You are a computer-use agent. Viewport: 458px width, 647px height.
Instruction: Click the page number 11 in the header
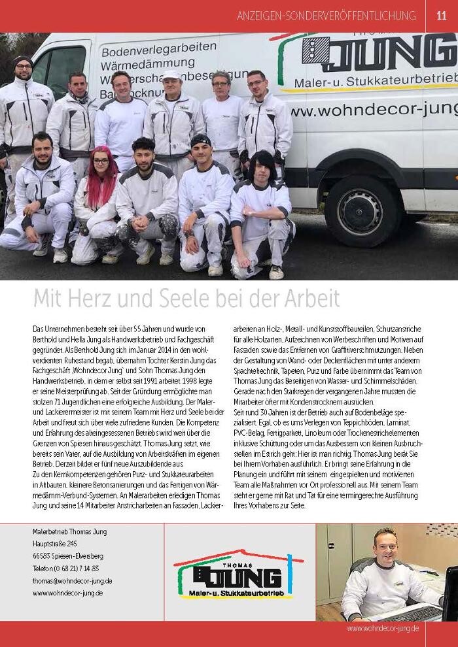(x=441, y=16)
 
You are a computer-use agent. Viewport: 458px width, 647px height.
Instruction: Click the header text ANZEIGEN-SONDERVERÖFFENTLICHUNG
(x=326, y=16)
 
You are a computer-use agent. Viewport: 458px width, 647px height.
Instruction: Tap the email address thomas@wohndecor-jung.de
(x=73, y=580)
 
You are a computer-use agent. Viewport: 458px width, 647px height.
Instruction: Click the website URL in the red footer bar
(x=383, y=627)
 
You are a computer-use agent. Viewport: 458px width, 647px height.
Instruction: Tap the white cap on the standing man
(x=172, y=75)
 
